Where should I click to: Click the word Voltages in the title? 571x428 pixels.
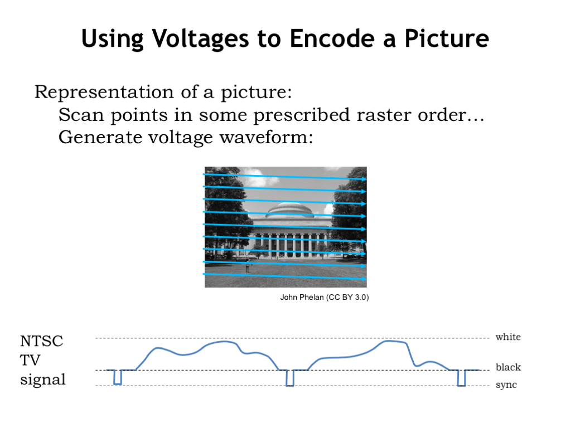200,39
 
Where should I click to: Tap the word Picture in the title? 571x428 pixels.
447,38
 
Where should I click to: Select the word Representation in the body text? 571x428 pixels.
104,93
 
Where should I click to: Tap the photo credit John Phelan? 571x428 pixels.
302,298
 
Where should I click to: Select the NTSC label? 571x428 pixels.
41,342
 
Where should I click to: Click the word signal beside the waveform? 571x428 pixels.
43,380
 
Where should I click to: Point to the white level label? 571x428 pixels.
508,337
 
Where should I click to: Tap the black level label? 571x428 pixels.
509,367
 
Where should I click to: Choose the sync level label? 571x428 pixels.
506,385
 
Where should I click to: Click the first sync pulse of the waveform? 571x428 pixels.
118,377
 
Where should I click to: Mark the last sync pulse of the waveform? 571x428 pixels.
461,378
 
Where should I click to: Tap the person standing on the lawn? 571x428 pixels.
248,267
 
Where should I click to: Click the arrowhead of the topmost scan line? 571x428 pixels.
364,179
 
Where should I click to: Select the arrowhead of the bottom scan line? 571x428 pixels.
364,279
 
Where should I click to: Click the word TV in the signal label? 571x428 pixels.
30,361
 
